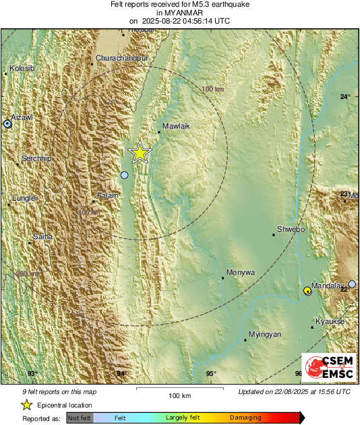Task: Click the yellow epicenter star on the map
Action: [x=140, y=152]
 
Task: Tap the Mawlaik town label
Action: [x=175, y=126]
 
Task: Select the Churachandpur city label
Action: [x=122, y=59]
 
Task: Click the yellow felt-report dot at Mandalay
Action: [x=307, y=290]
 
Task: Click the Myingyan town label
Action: [x=265, y=334]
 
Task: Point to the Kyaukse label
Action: [x=330, y=321]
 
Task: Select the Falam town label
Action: [x=108, y=195]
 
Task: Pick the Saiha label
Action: [x=42, y=236]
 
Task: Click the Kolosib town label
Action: [x=23, y=68]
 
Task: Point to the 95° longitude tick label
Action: [x=211, y=374]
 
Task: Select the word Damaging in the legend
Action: [x=245, y=418]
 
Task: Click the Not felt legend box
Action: [x=80, y=418]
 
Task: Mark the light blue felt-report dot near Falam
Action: [x=124, y=175]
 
